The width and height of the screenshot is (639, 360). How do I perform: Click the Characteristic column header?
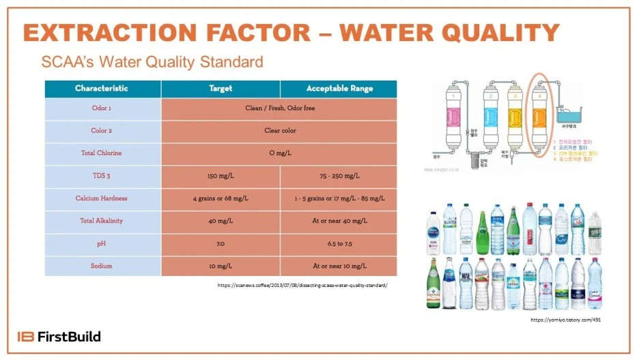102,89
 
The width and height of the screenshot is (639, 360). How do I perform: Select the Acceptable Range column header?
339,89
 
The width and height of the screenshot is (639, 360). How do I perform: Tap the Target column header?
221,89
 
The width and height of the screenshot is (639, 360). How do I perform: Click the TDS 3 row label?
102,176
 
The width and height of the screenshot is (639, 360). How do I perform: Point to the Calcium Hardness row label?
102,198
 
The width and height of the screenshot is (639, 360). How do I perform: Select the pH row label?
102,243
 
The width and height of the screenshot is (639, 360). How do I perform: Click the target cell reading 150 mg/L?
221,176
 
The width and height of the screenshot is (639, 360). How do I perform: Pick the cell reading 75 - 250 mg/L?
339,176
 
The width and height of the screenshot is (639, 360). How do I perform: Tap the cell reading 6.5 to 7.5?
339,243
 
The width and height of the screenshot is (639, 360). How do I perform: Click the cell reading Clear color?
280,130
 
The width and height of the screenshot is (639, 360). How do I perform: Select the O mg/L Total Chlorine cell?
280,153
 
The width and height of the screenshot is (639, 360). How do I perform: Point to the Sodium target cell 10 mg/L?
221,265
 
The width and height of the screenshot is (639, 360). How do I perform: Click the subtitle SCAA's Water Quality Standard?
152,62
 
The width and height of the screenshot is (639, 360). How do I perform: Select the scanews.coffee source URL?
302,284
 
